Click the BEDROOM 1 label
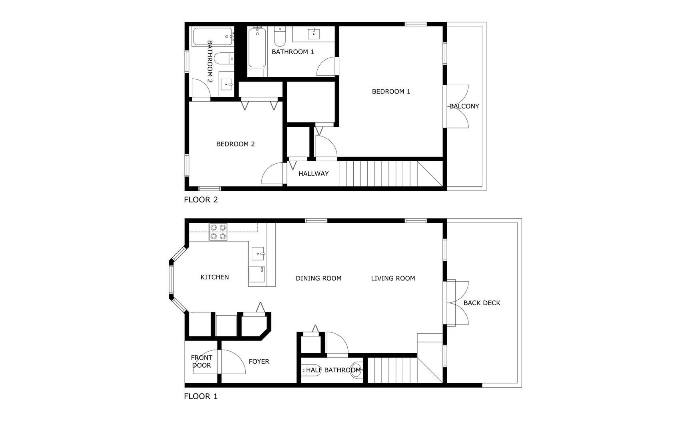tap(391, 92)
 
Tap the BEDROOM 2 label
tap(235, 144)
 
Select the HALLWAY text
tap(313, 174)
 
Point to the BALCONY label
tap(464, 106)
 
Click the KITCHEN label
tap(215, 277)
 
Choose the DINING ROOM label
tap(319, 278)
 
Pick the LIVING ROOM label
tap(393, 278)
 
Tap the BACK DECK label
tap(482, 303)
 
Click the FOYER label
tap(259, 362)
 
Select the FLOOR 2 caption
tap(201, 200)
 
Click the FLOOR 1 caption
tap(201, 396)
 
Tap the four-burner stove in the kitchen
tap(218, 232)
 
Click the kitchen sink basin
tap(258, 254)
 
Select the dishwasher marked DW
tap(256, 274)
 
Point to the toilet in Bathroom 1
tap(280, 37)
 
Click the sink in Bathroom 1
tap(314, 34)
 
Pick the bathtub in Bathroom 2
tap(213, 37)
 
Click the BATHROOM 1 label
tap(293, 52)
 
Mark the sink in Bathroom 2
tap(226, 84)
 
